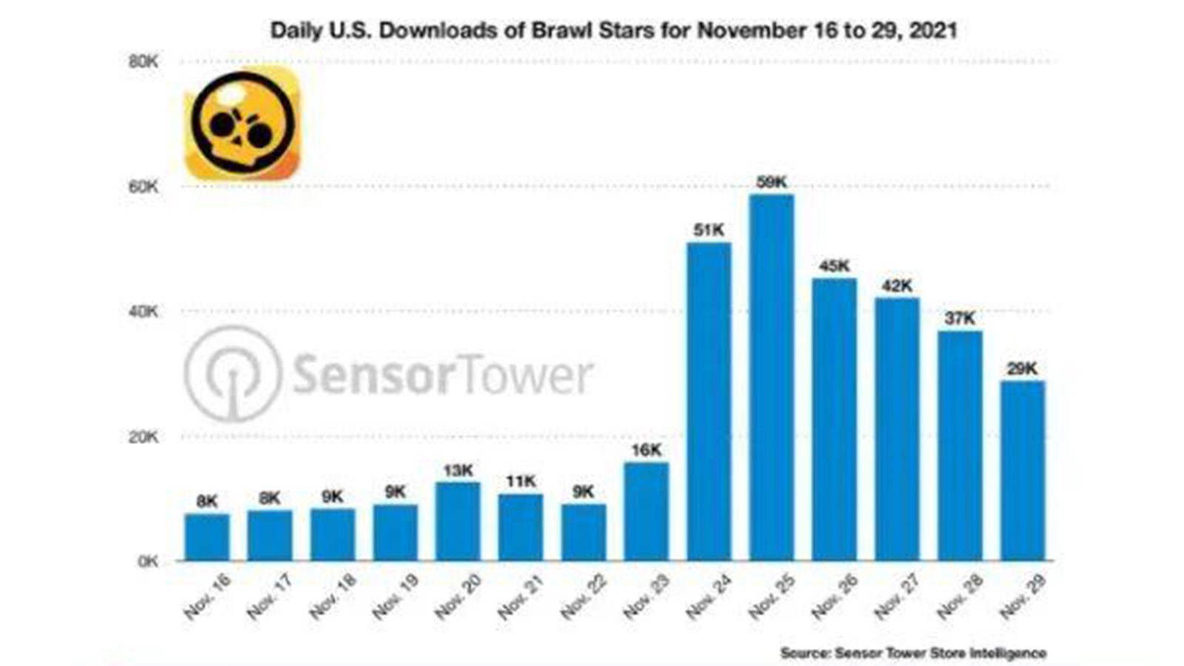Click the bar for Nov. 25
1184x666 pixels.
pyautogui.click(x=771, y=377)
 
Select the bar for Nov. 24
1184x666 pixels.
pyautogui.click(x=709, y=401)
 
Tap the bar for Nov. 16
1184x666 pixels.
pyautogui.click(x=207, y=537)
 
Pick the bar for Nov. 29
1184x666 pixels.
pyautogui.click(x=1022, y=471)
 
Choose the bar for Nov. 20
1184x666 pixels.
pyautogui.click(x=458, y=521)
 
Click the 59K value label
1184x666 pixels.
pyautogui.click(x=771, y=181)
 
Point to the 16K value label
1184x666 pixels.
pyautogui.click(x=646, y=450)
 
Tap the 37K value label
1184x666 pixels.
pyautogui.click(x=960, y=318)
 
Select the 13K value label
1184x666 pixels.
pyautogui.click(x=458, y=470)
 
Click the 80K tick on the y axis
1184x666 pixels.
pyautogui.click(x=143, y=61)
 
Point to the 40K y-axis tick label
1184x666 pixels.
pyautogui.click(x=143, y=312)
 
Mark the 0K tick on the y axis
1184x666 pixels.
pyautogui.click(x=147, y=562)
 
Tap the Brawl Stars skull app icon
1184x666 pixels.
pyautogui.click(x=242, y=124)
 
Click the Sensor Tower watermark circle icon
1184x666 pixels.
pyautogui.click(x=232, y=374)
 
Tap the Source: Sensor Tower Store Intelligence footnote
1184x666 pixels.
pyautogui.click(x=913, y=653)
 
